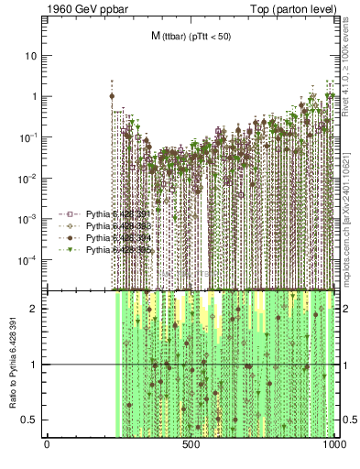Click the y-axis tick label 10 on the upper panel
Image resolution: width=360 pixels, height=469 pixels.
pyautogui.click(x=32, y=55)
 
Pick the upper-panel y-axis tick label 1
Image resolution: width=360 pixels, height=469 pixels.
pyautogui.click(x=35, y=96)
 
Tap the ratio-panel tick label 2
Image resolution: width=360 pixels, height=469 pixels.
pyautogui.click(x=36, y=309)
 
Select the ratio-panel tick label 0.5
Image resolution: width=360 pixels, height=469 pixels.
pyautogui.click(x=33, y=420)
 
